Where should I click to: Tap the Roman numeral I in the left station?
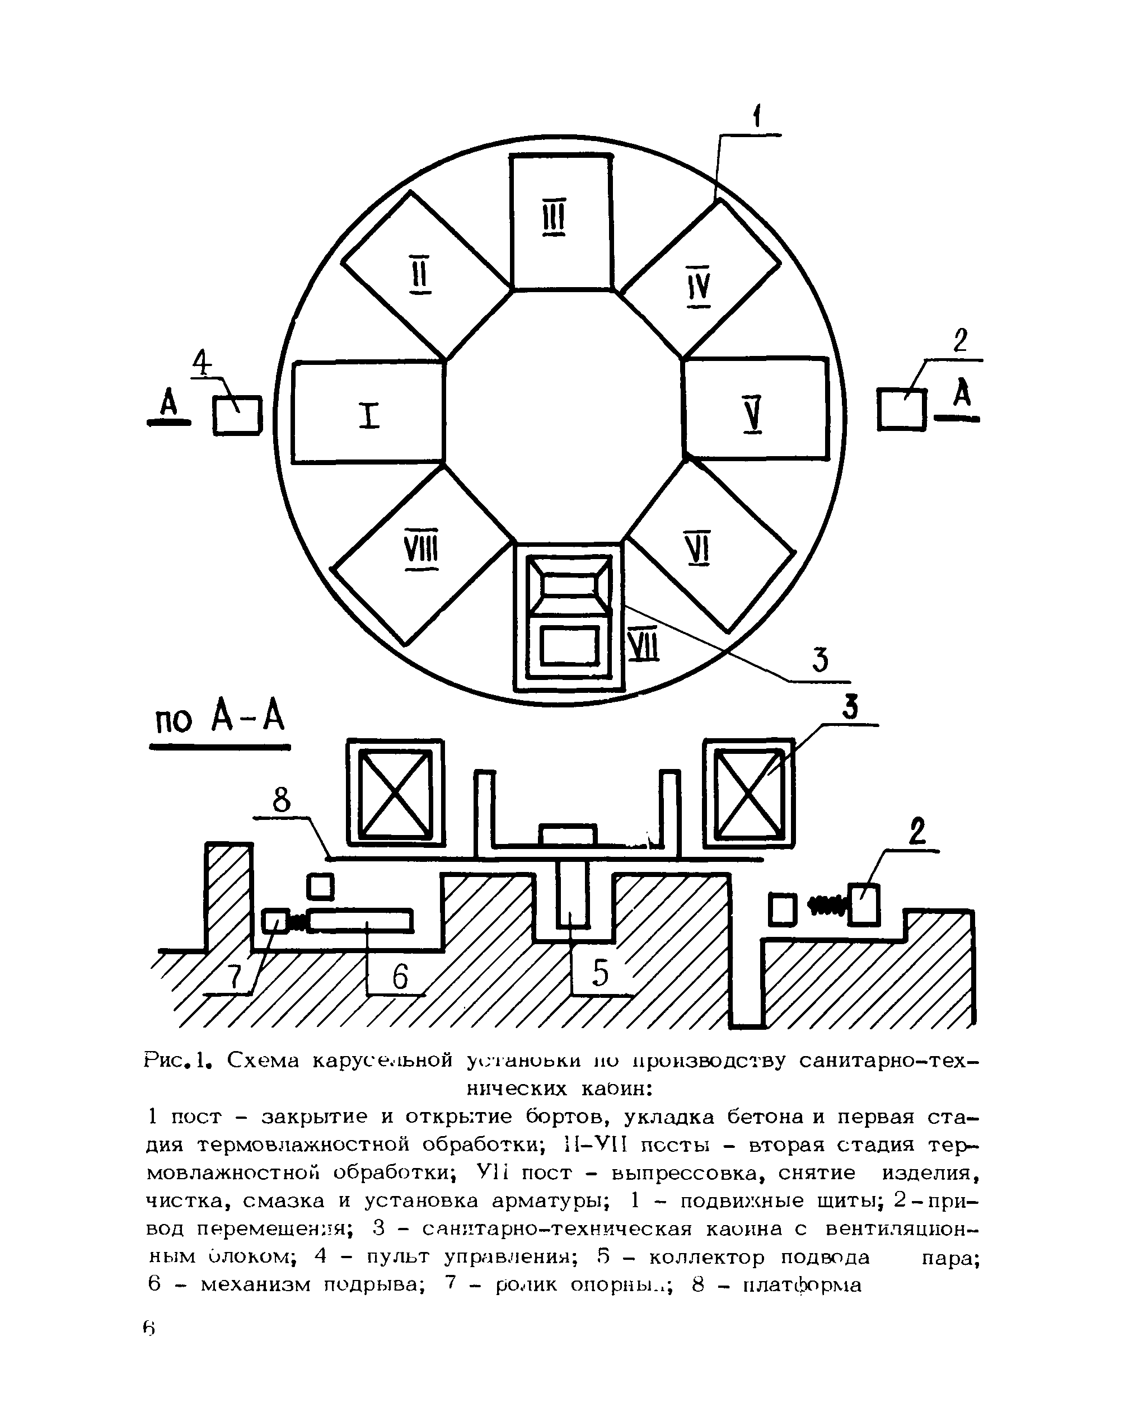click(x=371, y=416)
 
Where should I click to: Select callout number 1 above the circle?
click(x=757, y=119)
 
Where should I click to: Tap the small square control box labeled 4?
click(x=237, y=415)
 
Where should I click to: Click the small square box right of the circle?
click(x=902, y=409)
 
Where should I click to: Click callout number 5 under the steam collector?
click(x=600, y=973)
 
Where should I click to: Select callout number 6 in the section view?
click(x=400, y=976)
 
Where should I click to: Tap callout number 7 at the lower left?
click(x=233, y=979)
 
